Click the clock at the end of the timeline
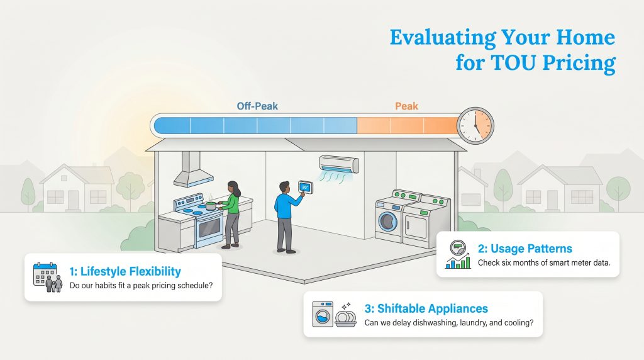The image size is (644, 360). tap(475, 125)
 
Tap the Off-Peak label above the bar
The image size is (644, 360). tap(257, 106)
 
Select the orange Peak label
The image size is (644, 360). tap(406, 106)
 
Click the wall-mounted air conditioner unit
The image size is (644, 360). tap(338, 165)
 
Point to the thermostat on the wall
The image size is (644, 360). tap(305, 187)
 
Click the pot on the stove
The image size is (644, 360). tap(209, 205)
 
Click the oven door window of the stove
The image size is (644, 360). tap(209, 227)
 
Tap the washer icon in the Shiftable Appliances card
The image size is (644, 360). tap(323, 313)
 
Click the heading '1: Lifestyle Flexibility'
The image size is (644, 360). tap(125, 271)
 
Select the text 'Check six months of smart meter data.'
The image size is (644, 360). tap(544, 262)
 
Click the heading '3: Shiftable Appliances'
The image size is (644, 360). tap(426, 308)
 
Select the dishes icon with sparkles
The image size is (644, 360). tap(345, 314)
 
